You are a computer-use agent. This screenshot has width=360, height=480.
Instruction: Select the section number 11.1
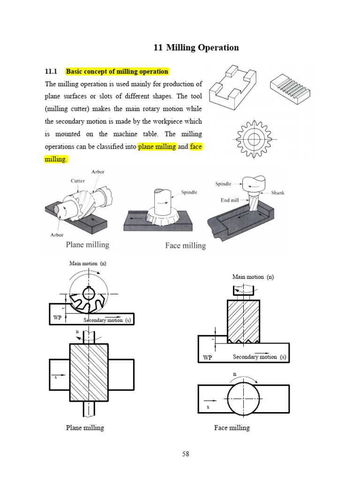[51, 72]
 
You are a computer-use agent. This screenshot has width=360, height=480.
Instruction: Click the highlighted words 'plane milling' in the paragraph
[157, 147]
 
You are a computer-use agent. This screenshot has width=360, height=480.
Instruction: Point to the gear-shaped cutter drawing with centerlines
[255, 139]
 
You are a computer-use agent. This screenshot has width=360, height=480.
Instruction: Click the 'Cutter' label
[77, 180]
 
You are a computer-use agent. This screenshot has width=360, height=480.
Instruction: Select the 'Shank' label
[277, 192]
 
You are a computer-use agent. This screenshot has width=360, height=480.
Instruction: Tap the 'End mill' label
[230, 200]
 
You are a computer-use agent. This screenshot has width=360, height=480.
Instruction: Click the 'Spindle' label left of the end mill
[224, 184]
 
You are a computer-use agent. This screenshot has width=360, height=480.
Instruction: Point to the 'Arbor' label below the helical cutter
[57, 235]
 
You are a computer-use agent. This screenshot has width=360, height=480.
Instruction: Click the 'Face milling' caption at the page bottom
[232, 427]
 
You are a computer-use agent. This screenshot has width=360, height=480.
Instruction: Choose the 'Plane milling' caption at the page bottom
[85, 427]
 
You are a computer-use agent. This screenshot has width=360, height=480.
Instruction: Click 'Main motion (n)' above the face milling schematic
[253, 277]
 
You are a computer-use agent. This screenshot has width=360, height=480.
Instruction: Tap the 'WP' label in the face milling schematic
[207, 357]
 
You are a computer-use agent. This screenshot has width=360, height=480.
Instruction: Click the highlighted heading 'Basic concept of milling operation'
[117, 72]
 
